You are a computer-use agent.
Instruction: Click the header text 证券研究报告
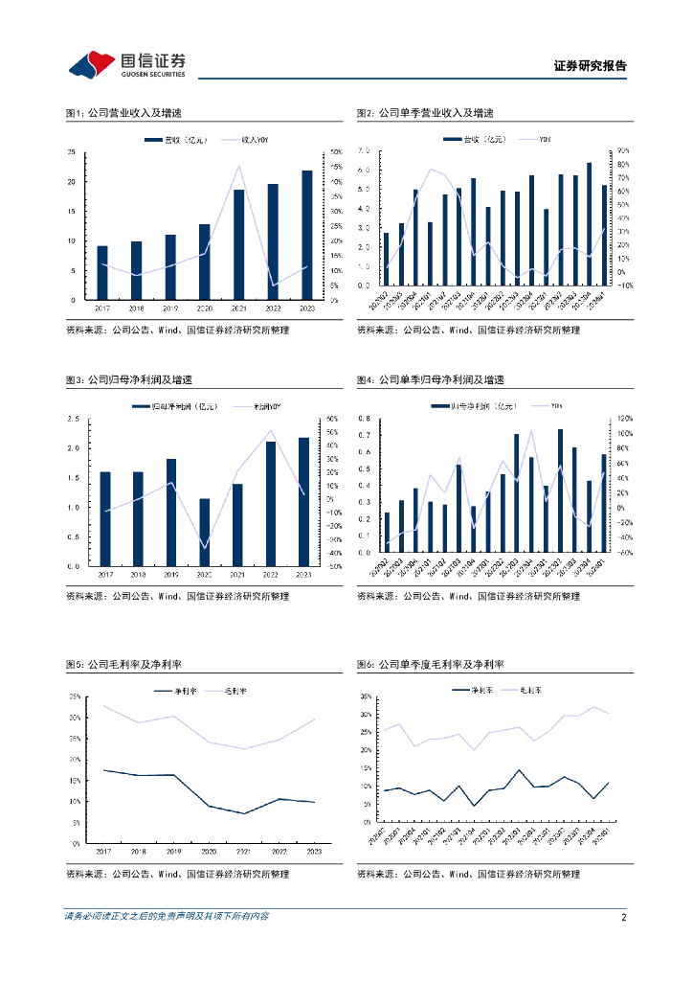[x=590, y=66]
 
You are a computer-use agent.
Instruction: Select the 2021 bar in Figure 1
[x=238, y=244]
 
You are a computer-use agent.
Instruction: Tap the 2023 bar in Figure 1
[x=306, y=235]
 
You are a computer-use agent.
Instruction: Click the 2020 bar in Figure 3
[x=204, y=532]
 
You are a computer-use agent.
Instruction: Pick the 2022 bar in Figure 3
[x=271, y=503]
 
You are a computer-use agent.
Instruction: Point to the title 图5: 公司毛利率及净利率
[x=123, y=664]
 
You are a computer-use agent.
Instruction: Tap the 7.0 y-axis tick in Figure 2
[x=363, y=151]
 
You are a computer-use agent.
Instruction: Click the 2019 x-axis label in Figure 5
[x=170, y=851]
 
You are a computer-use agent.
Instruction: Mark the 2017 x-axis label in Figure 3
[x=102, y=574]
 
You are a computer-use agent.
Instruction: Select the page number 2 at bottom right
[x=623, y=917]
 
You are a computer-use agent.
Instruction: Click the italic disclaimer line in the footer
[x=167, y=917]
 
